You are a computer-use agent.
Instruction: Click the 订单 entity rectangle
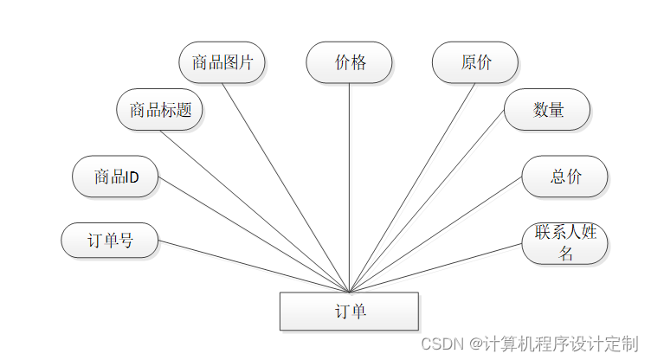coord(349,312)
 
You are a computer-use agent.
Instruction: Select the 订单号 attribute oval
coord(110,240)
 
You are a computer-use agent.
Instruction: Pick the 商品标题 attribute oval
coord(160,110)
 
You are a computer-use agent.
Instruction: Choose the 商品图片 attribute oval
coord(222,62)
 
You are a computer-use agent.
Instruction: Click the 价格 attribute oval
coord(350,62)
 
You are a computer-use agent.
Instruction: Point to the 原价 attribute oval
coord(475,62)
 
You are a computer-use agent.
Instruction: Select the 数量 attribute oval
coord(547,110)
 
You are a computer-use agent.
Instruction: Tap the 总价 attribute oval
coord(565,177)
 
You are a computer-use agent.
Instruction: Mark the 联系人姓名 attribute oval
coord(565,243)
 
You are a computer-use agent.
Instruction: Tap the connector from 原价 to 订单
coord(412,188)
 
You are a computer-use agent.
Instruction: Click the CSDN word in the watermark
coord(439,344)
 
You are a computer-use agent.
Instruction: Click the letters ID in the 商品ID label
coord(131,177)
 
